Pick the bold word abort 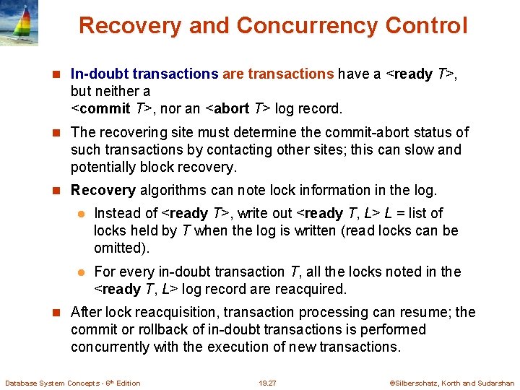[x=231, y=109]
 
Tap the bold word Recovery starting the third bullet [x=103, y=191]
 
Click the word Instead [x=116, y=213]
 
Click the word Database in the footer [x=22, y=383]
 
